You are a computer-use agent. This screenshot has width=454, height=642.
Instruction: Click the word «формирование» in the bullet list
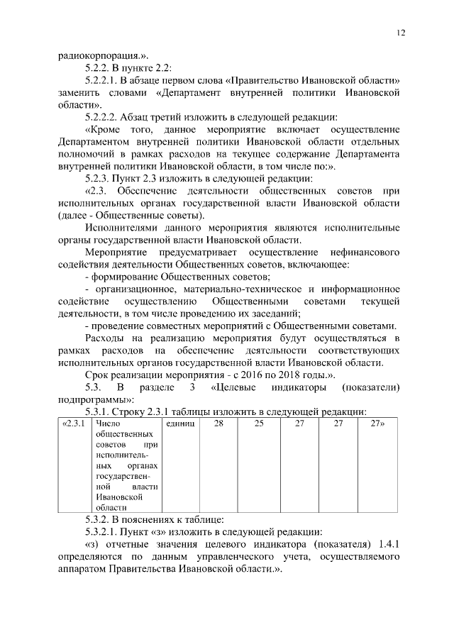(127, 277)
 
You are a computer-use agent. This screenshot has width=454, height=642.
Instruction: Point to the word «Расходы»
(104, 338)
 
